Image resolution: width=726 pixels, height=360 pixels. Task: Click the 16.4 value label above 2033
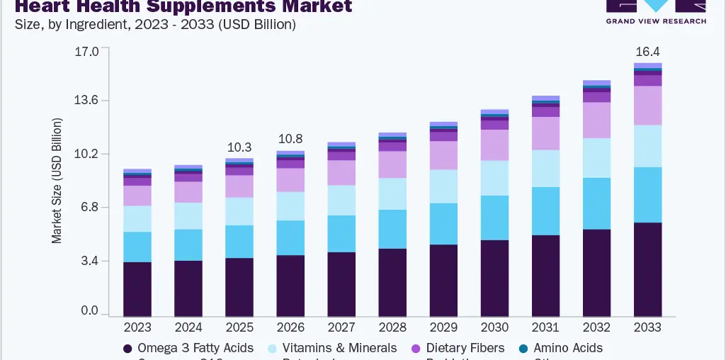[647, 52]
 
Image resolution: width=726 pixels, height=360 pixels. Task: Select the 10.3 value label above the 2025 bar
[239, 147]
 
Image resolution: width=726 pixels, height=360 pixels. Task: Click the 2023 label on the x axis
[137, 327]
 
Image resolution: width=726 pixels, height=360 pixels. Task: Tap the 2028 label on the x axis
[392, 327]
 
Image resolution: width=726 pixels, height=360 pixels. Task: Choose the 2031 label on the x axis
[545, 327]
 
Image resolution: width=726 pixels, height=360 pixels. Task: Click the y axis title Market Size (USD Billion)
[57, 181]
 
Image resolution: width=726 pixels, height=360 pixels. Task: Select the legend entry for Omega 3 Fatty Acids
[188, 348]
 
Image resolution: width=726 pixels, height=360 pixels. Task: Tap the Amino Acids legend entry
[560, 348]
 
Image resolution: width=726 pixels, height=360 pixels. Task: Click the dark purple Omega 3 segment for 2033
[647, 269]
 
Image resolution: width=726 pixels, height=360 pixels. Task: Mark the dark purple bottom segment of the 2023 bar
[137, 289]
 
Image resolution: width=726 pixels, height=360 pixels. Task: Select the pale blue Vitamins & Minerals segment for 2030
[494, 178]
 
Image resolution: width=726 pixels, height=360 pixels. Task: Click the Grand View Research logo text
[656, 21]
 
